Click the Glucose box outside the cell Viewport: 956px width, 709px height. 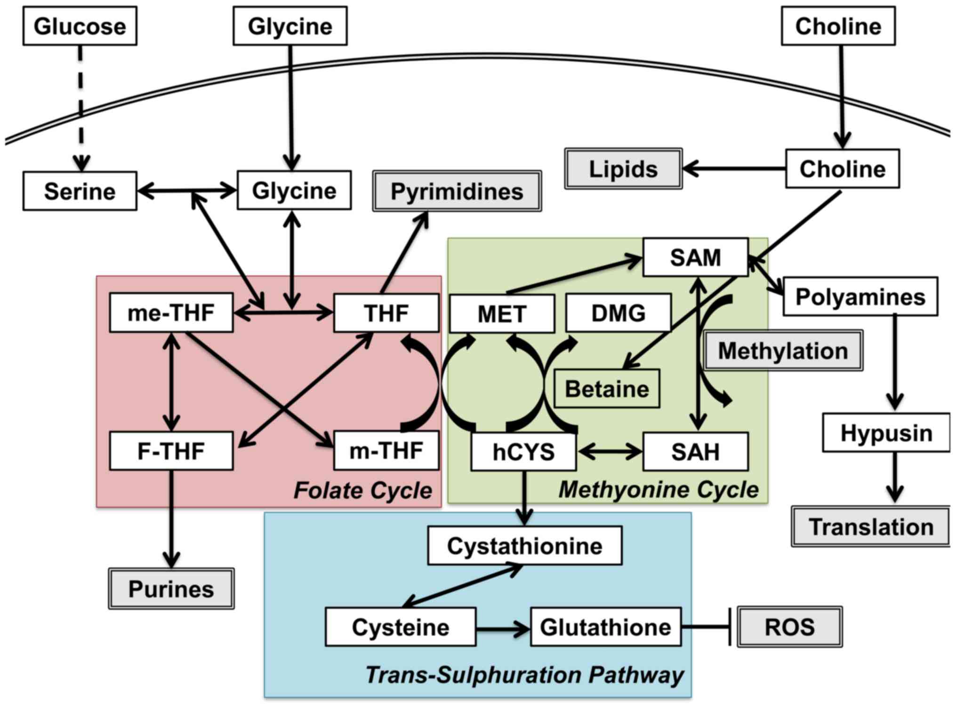pos(80,26)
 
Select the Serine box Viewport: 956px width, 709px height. pos(80,191)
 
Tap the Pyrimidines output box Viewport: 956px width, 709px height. pos(457,191)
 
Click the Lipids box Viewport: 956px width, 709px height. pos(623,169)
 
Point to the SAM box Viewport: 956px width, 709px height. pos(695,257)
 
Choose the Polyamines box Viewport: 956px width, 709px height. pos(860,297)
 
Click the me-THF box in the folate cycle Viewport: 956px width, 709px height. pos(171,313)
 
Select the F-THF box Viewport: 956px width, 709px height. pos(171,451)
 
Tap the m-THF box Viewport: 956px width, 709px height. pos(386,451)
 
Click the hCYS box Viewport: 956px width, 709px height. pos(523,452)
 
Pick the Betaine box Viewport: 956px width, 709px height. pos(607,389)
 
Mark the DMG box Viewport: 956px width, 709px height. pos(618,313)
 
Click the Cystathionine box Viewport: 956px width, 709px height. pos(524,546)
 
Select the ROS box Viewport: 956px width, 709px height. pos(789,627)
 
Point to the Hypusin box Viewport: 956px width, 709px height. pos(886,433)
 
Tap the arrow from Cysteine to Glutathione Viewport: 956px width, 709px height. pos(503,628)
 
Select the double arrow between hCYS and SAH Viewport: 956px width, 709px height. pos(610,452)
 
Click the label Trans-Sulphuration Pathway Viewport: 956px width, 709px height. pos(524,675)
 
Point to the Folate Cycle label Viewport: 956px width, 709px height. pos(362,490)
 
